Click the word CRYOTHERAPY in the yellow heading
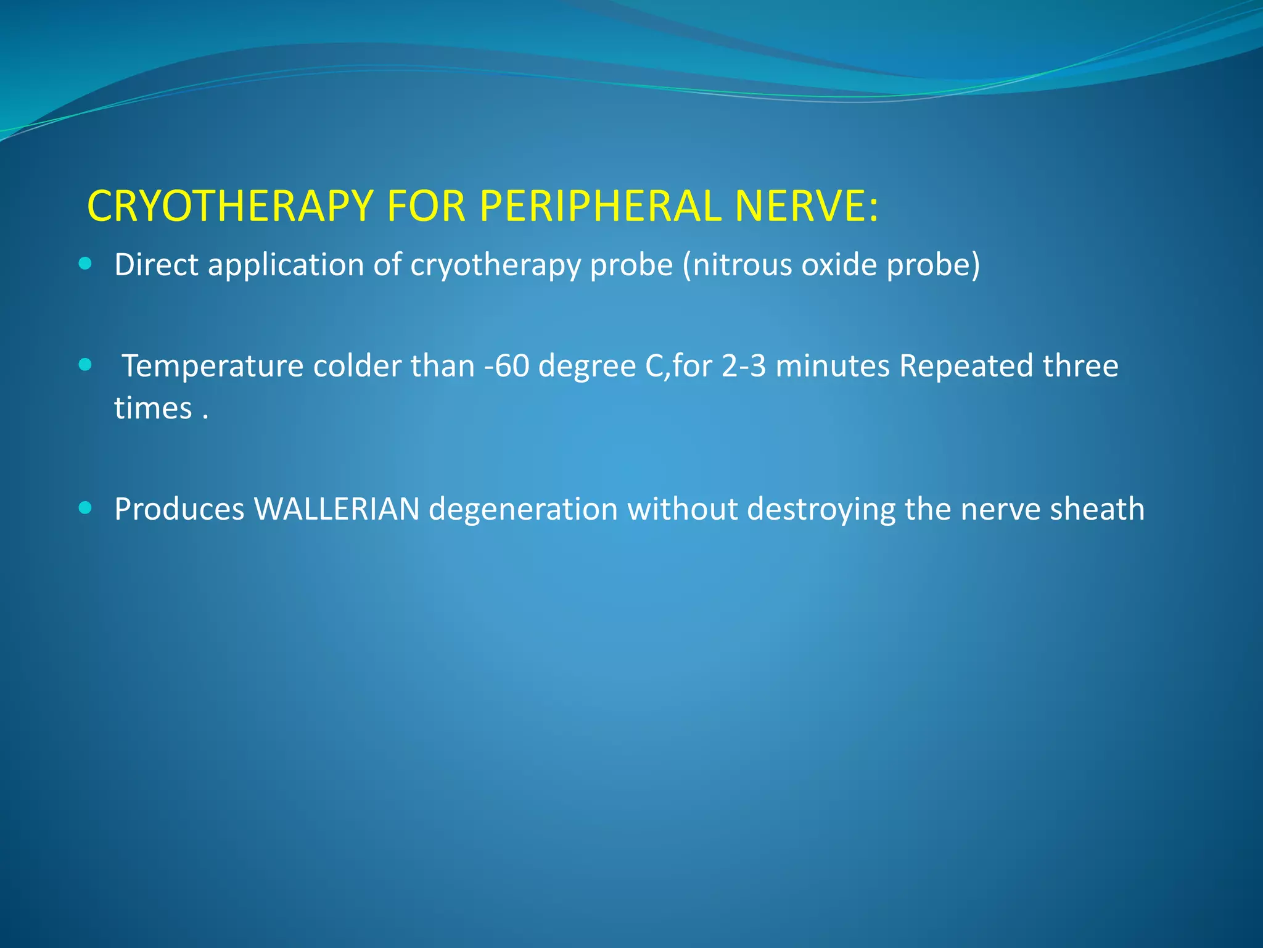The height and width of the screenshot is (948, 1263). click(x=230, y=206)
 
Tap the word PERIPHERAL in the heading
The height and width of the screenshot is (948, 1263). click(x=599, y=206)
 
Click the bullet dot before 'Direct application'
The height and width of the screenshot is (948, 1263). click(x=86, y=264)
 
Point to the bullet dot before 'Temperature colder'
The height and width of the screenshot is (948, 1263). click(x=86, y=365)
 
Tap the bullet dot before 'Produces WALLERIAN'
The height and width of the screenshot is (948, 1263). click(x=86, y=509)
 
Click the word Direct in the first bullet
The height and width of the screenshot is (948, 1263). click(x=156, y=265)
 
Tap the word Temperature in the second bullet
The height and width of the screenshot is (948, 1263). click(x=213, y=367)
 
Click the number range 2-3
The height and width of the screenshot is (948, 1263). click(x=743, y=366)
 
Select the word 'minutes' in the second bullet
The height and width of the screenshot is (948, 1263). click(x=833, y=366)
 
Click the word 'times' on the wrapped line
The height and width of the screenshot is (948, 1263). click(x=153, y=409)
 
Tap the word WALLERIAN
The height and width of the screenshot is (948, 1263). click(x=337, y=509)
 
